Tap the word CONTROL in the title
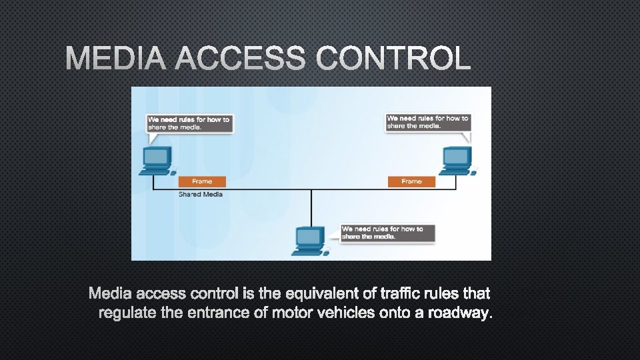tap(393, 59)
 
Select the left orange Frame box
tap(202, 181)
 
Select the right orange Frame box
tap(411, 181)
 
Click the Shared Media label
tap(201, 194)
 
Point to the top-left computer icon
tap(156, 161)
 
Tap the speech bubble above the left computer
tap(189, 123)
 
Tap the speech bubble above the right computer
tap(428, 122)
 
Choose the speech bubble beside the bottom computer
tap(387, 233)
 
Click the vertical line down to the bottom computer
tap(311, 207)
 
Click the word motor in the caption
tap(295, 313)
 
